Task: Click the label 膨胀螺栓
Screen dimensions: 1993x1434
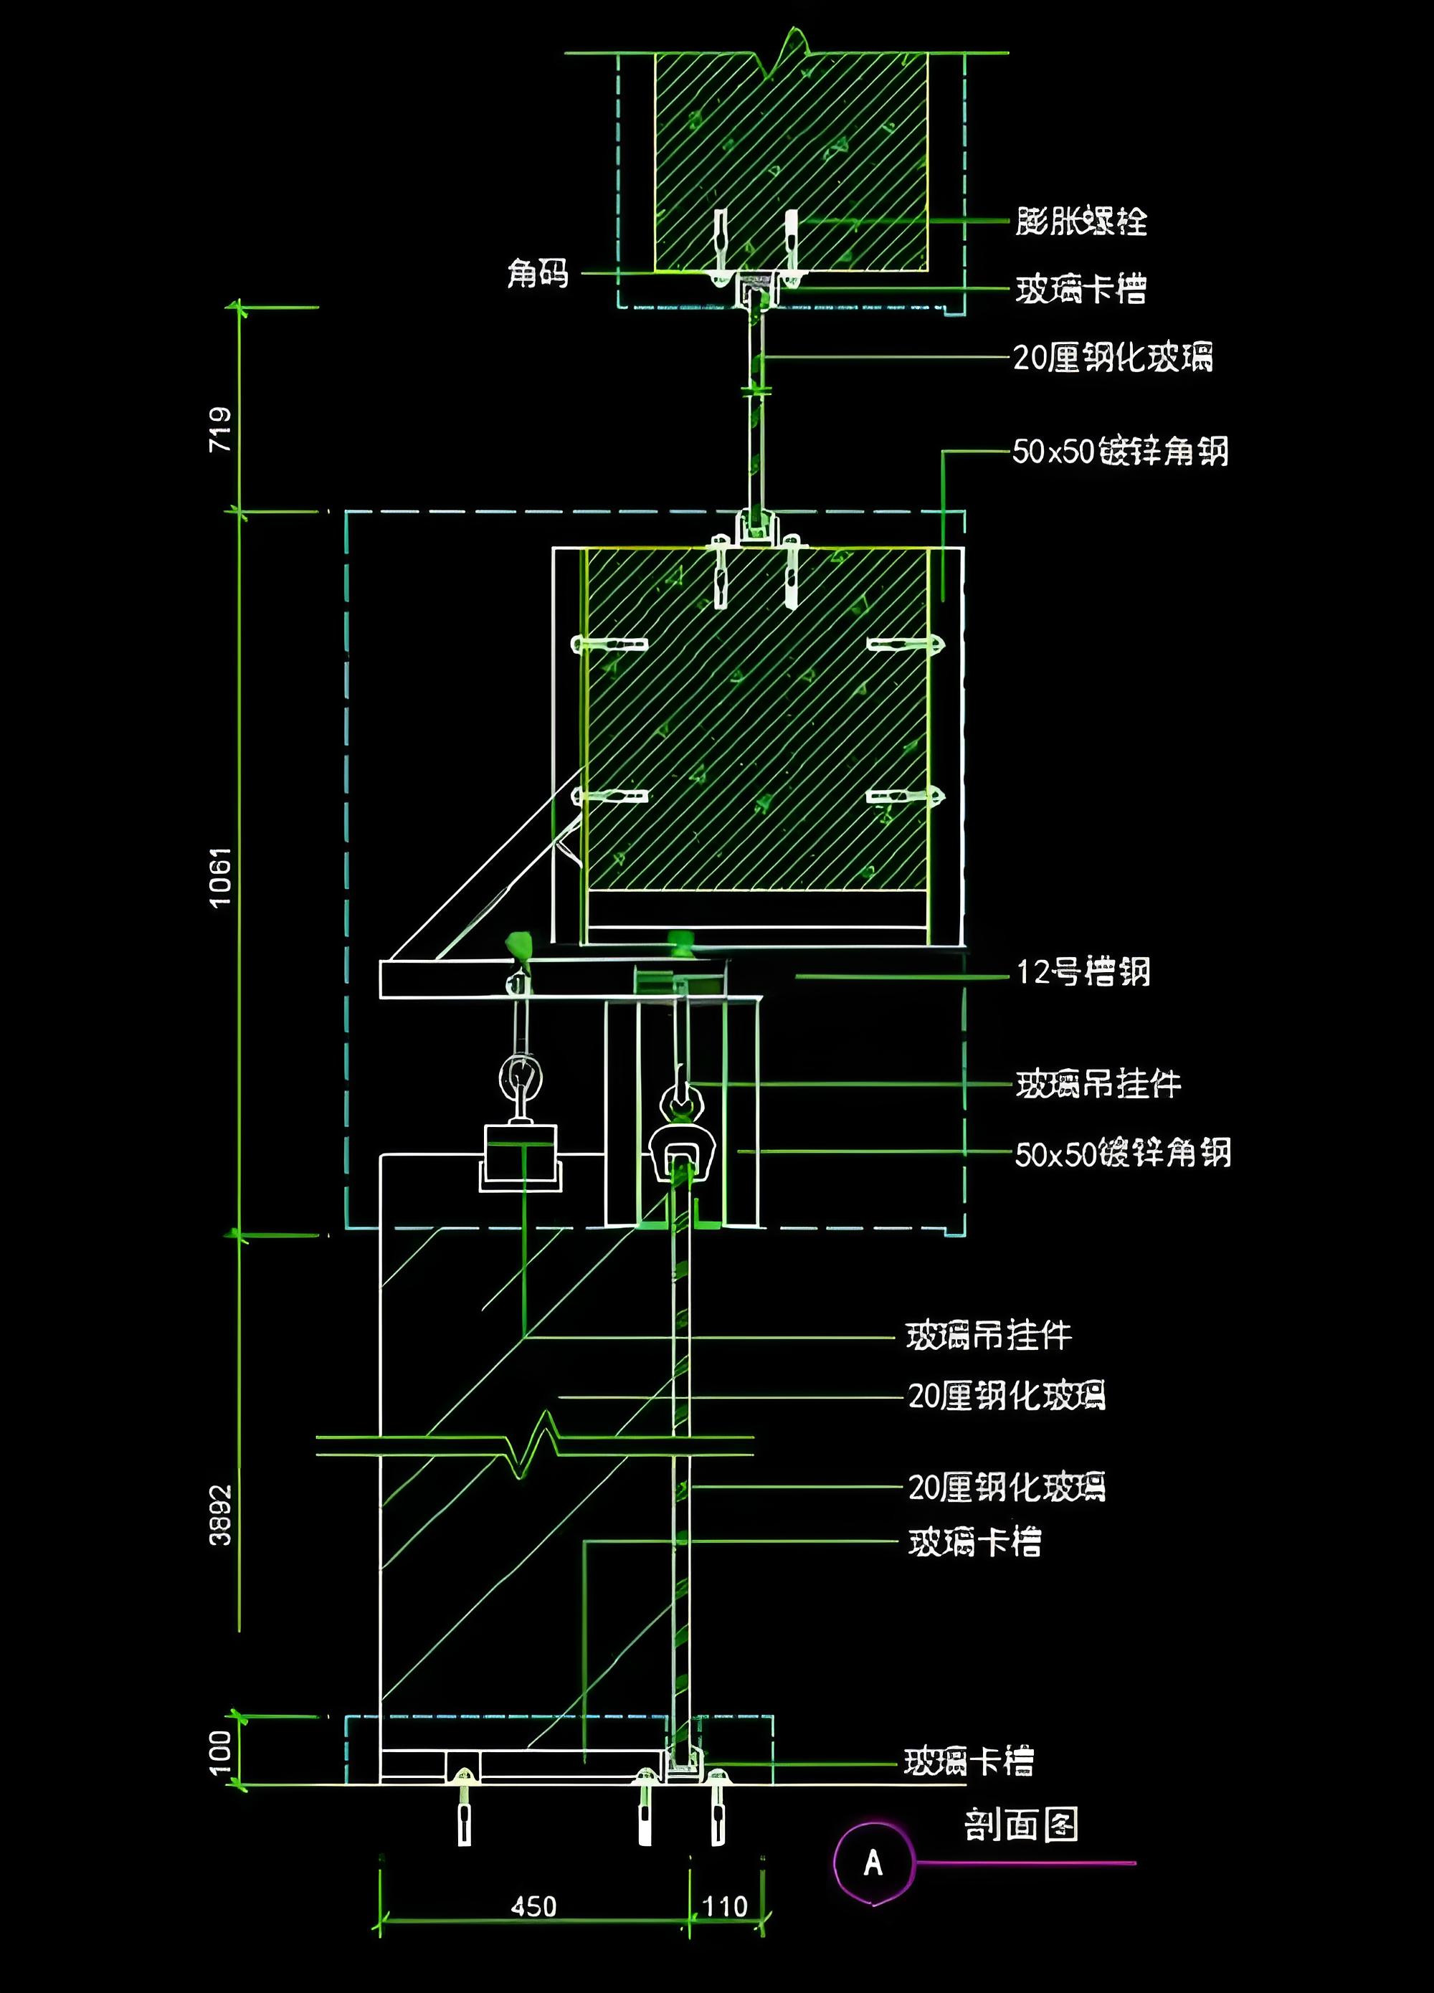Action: pos(1081,221)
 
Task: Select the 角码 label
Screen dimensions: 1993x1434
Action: pos(538,273)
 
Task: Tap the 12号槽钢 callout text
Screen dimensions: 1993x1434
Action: pos(1083,972)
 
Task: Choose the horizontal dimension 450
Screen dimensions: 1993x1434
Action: pos(533,1906)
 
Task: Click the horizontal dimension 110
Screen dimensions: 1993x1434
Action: pos(725,1906)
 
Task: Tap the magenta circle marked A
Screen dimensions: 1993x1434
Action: pos(873,1863)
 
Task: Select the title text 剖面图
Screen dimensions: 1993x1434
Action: pos(1021,1825)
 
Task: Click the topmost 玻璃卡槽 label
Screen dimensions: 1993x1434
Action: pos(1081,289)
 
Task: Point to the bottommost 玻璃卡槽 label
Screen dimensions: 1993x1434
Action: pos(969,1761)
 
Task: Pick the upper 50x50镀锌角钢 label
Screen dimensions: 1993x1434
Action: pos(1119,452)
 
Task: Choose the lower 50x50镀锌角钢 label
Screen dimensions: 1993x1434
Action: pos(1122,1153)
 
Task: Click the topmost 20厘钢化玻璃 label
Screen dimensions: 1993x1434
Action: pos(1112,358)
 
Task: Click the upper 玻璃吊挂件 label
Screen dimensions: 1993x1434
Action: pos(1098,1085)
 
